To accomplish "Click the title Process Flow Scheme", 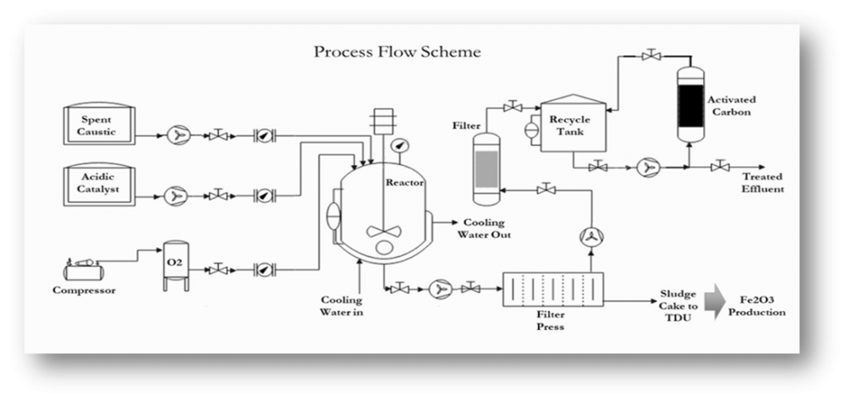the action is tap(397, 52).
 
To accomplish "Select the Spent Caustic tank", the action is tap(99, 124).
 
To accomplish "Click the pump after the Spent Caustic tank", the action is tap(177, 135).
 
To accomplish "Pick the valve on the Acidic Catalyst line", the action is tap(218, 195).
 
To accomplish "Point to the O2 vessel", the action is tap(177, 266).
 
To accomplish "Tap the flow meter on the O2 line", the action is tap(264, 269).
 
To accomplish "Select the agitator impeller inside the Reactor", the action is tap(384, 232).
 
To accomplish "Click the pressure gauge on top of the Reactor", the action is tap(400, 146).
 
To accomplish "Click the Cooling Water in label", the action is tap(341, 306).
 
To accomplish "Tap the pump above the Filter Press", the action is tap(591, 236).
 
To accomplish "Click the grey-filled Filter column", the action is tap(487, 169).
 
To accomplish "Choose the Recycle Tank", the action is tap(574, 124).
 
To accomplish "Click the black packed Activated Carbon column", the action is tap(691, 105).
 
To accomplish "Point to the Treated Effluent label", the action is tap(763, 183).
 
